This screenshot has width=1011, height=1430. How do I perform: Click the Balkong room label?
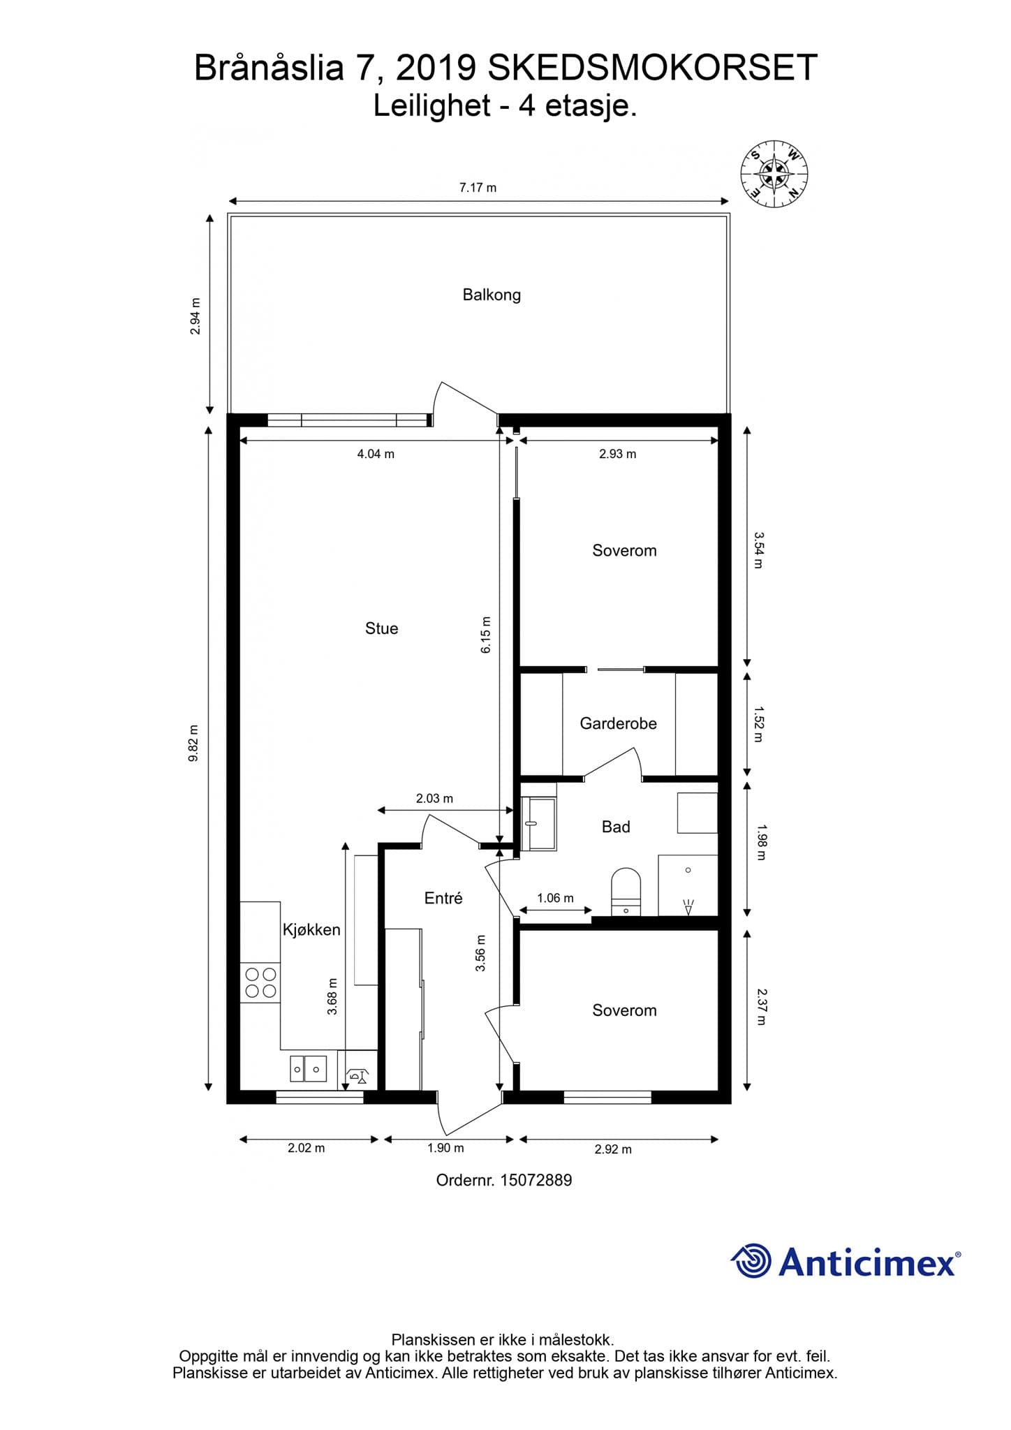(492, 295)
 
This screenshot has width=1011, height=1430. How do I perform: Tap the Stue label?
(381, 628)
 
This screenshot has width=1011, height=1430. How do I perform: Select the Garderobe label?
(618, 723)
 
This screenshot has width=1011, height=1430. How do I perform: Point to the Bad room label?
(616, 827)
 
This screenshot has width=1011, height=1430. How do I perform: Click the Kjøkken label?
(311, 929)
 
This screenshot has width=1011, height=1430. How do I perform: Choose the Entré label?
(443, 898)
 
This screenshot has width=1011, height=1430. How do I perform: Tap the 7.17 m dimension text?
(478, 187)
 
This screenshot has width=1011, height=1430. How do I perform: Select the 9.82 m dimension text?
(193, 744)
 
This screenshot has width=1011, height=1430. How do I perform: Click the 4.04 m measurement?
(376, 454)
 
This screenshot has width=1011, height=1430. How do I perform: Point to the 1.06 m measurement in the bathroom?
(555, 898)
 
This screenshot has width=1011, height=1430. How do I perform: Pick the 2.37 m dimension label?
(761, 1007)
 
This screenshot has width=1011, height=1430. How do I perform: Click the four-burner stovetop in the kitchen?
(260, 982)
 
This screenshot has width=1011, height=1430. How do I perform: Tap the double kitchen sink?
(308, 1068)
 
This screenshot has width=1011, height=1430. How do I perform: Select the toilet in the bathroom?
(626, 892)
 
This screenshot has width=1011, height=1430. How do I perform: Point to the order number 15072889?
(536, 1180)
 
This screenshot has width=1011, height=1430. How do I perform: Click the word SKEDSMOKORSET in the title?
(652, 68)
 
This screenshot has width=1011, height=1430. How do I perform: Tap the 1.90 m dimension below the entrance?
(445, 1148)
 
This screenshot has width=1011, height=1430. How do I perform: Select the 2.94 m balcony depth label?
(195, 316)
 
